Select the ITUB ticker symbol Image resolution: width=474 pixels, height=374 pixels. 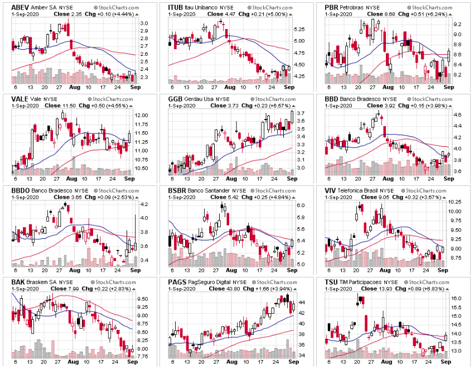coord(177,6)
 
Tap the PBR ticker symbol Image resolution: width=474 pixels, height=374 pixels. coord(332,6)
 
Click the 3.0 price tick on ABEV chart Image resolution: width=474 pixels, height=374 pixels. coord(144,23)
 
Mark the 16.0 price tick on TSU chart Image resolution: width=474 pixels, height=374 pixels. coord(456,299)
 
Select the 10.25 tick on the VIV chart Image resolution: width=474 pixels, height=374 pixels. coord(455,202)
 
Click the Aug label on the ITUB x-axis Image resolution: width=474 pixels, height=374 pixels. coord(229,88)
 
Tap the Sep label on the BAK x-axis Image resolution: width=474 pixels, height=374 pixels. coord(134,364)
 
